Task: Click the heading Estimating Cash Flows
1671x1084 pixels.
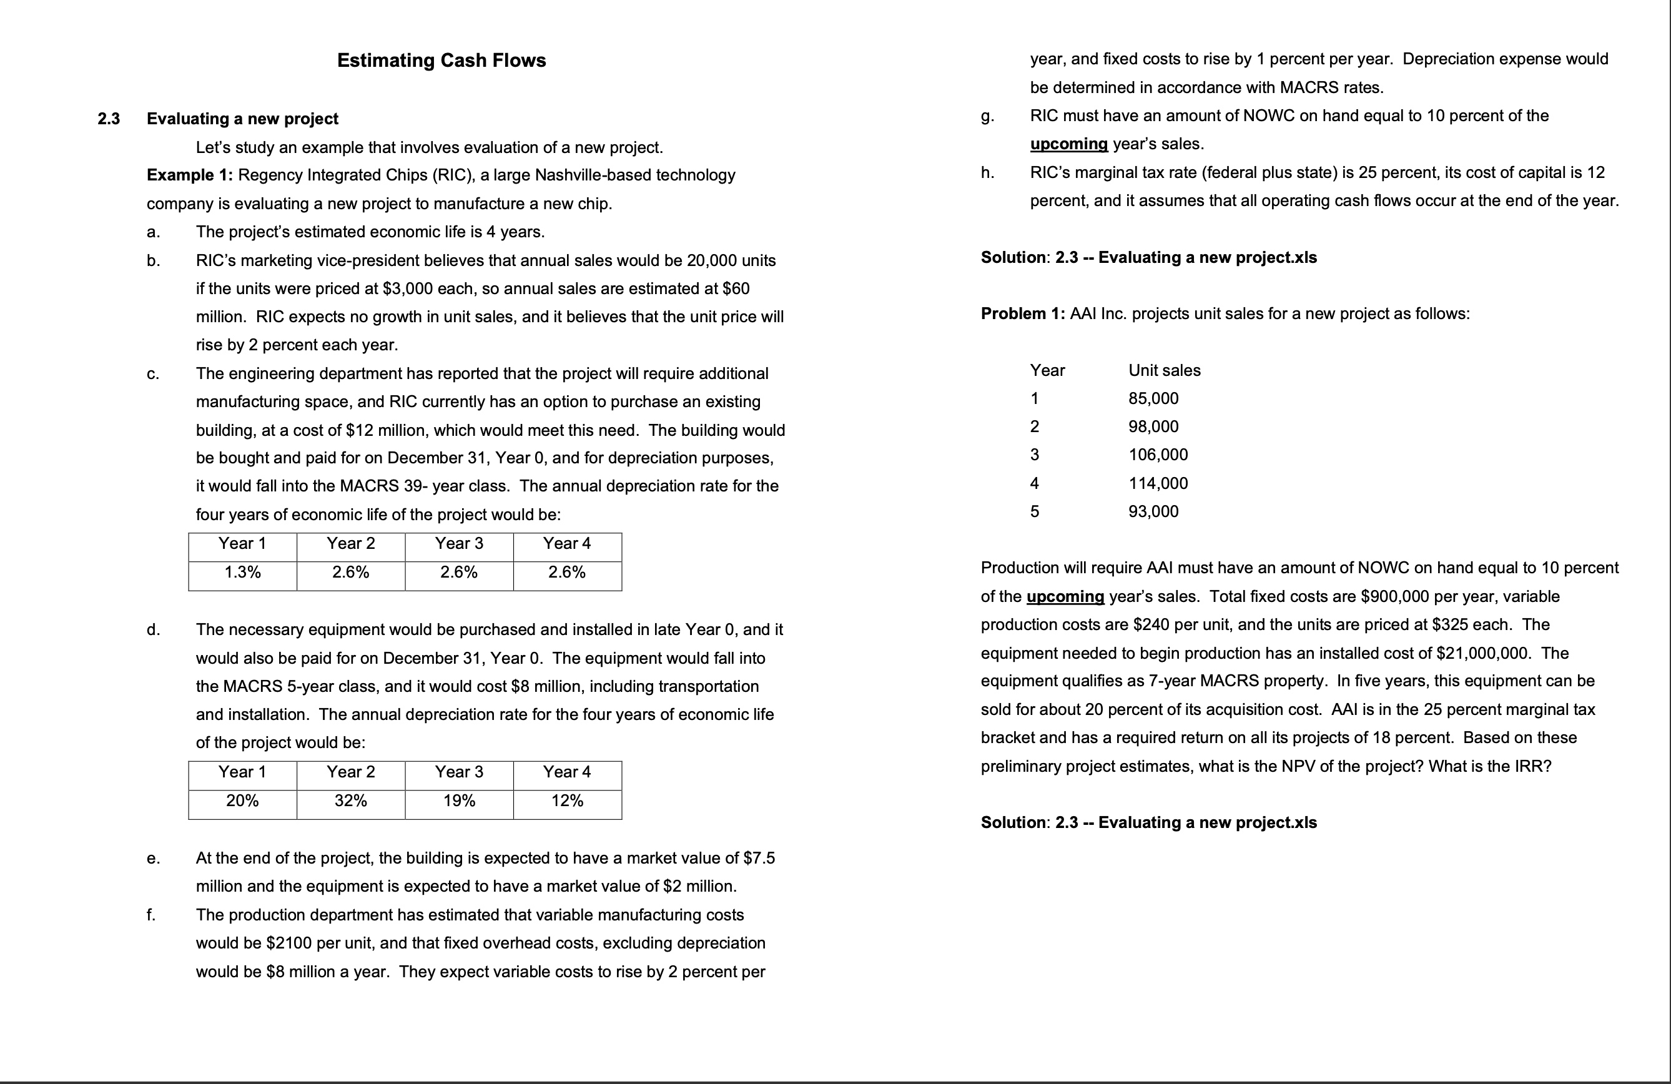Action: pyautogui.click(x=441, y=61)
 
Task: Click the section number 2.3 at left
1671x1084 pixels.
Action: pyautogui.click(x=109, y=119)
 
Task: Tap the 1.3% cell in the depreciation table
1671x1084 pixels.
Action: pyautogui.click(x=242, y=572)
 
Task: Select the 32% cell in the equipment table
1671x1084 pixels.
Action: pyautogui.click(x=350, y=801)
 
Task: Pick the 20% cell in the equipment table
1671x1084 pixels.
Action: pyautogui.click(x=242, y=801)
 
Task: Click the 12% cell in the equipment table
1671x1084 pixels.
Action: pyautogui.click(x=566, y=801)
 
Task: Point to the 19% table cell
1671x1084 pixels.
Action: pyautogui.click(x=458, y=801)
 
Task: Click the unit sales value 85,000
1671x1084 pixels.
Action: pyautogui.click(x=1153, y=399)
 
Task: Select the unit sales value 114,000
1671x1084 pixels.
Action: pyautogui.click(x=1158, y=483)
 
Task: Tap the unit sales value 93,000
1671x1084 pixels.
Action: pyautogui.click(x=1153, y=511)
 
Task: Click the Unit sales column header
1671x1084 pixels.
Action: pyautogui.click(x=1164, y=371)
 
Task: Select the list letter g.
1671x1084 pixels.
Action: pyautogui.click(x=987, y=117)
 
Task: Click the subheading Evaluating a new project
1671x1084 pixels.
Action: pyautogui.click(x=242, y=119)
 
